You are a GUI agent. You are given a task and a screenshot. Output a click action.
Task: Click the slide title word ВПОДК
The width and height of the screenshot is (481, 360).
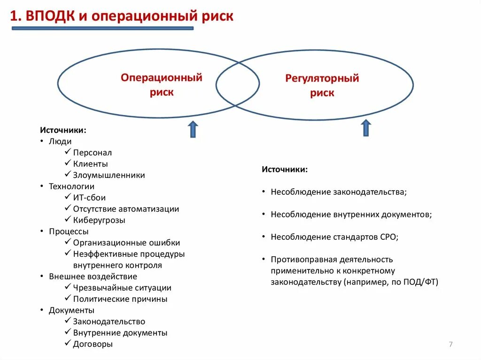[51, 16]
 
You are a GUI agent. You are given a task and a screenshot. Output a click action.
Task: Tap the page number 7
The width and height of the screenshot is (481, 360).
[450, 345]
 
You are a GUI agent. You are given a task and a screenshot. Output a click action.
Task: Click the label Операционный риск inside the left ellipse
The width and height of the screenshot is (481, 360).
[162, 84]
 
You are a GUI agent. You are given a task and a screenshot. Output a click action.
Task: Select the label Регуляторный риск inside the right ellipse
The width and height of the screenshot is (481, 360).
[322, 85]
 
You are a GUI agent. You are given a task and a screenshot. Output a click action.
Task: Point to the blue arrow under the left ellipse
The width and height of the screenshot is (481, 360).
[193, 129]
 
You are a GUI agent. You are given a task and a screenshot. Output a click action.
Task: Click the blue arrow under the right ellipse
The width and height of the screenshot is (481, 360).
[366, 128]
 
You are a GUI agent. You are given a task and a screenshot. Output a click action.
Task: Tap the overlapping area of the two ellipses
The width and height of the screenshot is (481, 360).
[238, 84]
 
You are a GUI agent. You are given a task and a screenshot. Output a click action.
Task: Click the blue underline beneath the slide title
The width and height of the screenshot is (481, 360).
[102, 29]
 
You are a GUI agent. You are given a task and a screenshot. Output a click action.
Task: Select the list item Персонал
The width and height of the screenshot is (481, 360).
[93, 153]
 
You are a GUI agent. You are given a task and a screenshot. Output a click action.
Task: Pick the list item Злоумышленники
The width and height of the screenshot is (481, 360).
[109, 175]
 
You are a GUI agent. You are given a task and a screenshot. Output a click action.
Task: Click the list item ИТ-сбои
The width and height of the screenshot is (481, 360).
[89, 198]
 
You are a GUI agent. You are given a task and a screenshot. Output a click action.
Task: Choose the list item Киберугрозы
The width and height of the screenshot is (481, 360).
[99, 220]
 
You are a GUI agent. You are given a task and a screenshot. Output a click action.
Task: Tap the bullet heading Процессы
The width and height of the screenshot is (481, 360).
[69, 231]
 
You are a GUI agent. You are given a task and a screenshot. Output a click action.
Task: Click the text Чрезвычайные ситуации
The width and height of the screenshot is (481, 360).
[122, 288]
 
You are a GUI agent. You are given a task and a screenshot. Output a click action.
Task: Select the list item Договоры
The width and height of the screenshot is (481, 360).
[93, 344]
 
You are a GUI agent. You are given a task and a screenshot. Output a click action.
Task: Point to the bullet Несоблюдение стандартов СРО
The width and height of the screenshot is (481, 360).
[334, 237]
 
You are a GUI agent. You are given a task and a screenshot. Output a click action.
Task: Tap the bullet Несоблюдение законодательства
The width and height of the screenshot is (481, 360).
[338, 192]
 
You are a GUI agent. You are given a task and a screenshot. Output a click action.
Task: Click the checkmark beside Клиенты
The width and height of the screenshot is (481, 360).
[68, 164]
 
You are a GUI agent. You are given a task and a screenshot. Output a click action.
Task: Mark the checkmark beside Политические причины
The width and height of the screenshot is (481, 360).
[68, 299]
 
